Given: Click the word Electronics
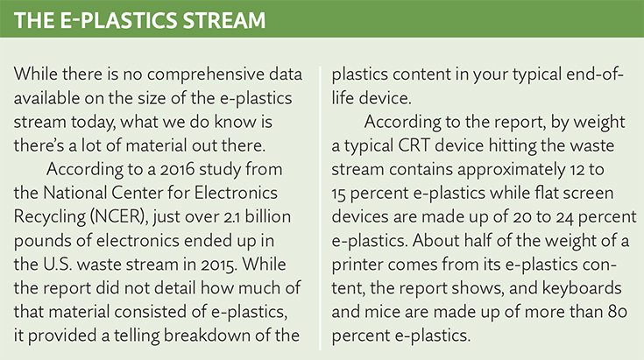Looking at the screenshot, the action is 236,193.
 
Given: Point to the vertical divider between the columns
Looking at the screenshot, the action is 321,208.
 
